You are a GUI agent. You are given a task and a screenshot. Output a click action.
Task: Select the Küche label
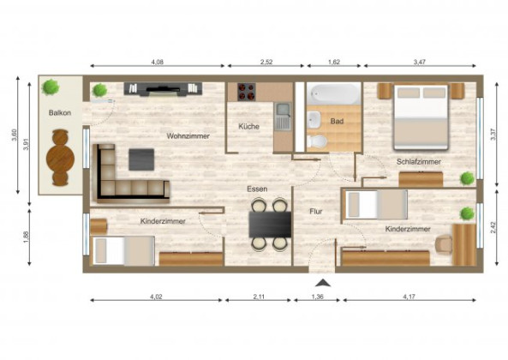tap(250, 127)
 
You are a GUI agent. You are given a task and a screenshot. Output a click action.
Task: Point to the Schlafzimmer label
tap(419, 161)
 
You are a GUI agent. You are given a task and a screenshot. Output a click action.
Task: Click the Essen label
tap(258, 188)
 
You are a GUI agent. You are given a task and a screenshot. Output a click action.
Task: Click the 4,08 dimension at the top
tap(158, 62)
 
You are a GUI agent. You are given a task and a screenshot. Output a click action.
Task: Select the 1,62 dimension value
tap(333, 62)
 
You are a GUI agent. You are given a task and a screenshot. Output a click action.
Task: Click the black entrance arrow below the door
tap(321, 282)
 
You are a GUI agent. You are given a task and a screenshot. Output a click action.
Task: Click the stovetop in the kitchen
tap(248, 91)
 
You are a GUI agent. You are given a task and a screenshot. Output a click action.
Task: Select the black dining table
tap(270, 224)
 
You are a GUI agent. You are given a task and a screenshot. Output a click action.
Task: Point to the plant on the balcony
tap(52, 87)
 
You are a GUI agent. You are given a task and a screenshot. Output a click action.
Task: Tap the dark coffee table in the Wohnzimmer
tap(141, 158)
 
